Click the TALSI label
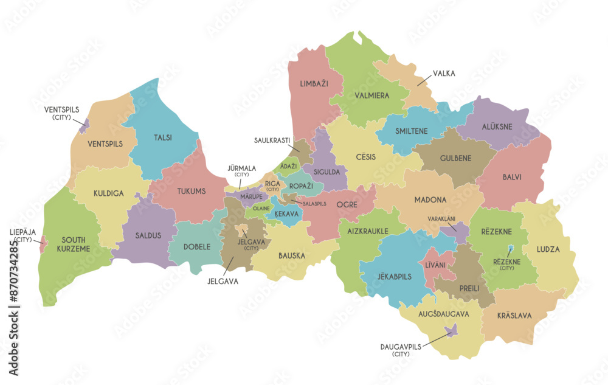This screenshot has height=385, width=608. pos(162,137)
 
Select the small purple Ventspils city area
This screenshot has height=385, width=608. pos(85,126)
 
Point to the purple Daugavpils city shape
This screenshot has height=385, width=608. pos(451,331)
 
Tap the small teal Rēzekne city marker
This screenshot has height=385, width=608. pos(510,249)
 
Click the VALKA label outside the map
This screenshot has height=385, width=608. pos(443,74)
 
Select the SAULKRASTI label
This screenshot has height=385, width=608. pos(272,140)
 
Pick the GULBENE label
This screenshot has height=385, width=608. pos(455,158)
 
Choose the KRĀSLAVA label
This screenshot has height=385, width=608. pos(514,316)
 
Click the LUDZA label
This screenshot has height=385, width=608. pos(548,249)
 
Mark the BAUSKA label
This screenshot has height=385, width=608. pos(292,255)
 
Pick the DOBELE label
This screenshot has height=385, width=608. pos(197,247)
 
